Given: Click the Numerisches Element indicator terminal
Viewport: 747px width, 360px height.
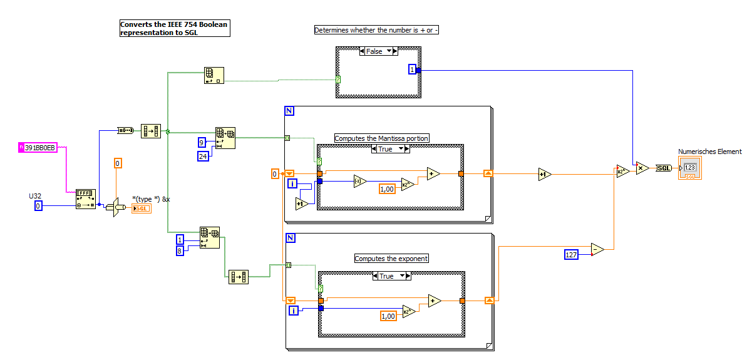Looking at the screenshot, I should pos(689,168).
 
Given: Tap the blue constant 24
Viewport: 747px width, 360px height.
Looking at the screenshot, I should pos(203,156).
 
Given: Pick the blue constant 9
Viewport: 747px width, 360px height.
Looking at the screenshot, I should pos(202,141).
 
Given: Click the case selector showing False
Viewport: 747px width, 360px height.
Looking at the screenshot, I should pos(378,51).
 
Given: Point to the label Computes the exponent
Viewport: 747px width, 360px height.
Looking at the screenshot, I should pos(391,258).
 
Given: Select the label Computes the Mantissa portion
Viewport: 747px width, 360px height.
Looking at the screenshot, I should pos(382,138).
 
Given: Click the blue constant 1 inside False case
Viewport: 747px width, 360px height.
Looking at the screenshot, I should pos(412,69).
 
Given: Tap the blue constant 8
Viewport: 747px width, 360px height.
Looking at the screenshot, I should pos(180,250).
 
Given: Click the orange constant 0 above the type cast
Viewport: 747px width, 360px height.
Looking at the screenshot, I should pos(118,163).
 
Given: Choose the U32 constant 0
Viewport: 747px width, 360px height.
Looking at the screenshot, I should pos(38,205).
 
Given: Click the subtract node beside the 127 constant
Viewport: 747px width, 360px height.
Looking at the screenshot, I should pos(597,250).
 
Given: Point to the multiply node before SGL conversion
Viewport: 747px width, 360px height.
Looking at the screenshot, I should pos(642,168).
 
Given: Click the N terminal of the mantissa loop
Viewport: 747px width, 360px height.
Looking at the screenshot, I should pos(289,111).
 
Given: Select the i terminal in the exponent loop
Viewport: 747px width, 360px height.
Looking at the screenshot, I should pos(292,311).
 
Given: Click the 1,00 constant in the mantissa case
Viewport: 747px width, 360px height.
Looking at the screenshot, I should pos(388,188).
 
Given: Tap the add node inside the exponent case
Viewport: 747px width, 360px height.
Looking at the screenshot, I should pos(434,301).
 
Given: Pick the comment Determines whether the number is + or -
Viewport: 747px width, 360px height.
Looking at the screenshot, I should pos(376,30).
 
